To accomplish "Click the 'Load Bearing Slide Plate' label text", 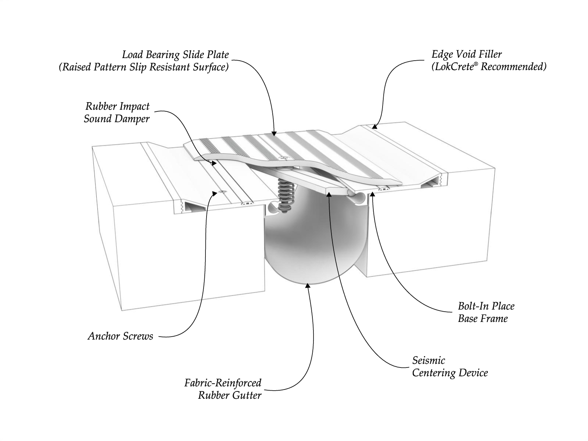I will [176, 55].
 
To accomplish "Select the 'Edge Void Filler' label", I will [467, 54].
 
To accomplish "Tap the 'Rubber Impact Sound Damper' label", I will [117, 112].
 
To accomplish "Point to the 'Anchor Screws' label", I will [121, 336].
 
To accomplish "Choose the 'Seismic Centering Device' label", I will [450, 366].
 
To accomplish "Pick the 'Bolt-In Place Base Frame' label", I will [486, 312].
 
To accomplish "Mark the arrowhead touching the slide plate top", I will [274, 133].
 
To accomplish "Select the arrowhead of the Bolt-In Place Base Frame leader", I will [372, 194].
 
